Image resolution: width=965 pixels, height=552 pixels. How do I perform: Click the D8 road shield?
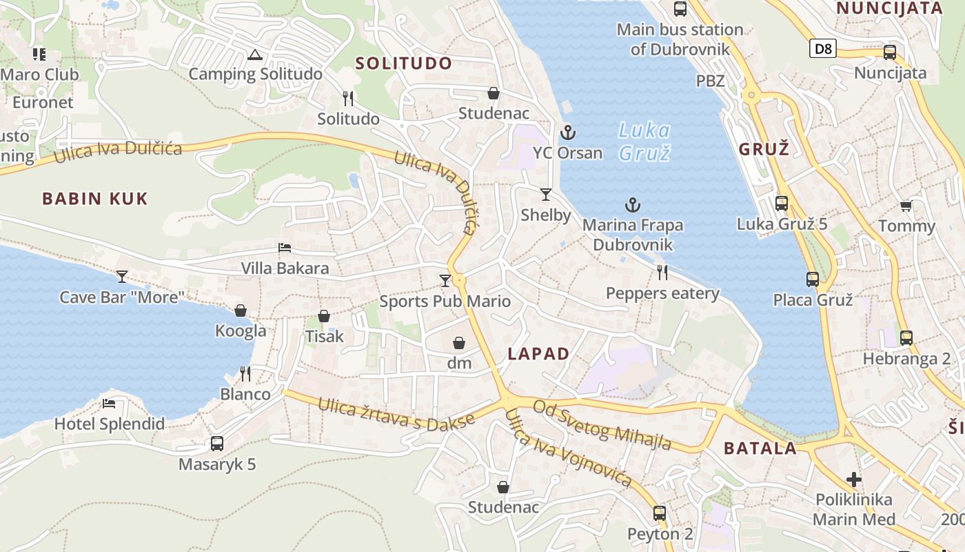pos(822,48)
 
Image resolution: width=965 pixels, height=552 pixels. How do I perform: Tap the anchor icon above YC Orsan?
pos(567,132)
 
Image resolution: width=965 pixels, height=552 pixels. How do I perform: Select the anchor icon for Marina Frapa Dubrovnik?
pos(632,205)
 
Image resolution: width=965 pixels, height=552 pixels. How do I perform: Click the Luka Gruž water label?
pos(644,141)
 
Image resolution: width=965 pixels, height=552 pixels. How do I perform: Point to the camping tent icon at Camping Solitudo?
pos(255,55)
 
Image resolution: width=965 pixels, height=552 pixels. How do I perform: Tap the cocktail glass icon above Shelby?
pos(546,195)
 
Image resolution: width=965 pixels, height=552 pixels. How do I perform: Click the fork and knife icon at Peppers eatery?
pos(662,273)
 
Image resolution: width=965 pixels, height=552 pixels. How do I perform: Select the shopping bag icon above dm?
pos(459,343)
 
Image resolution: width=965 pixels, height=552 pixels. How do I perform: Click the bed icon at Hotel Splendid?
pos(109,404)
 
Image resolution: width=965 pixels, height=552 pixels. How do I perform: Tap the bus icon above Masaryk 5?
pos(217,444)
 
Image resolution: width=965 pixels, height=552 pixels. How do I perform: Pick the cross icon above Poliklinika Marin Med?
pos(854,479)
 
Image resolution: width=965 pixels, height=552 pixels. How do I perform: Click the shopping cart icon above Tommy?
pos(906,206)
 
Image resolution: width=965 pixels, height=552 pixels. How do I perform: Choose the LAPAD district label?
pos(538,354)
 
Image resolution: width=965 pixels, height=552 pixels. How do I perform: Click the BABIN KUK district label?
pos(95,199)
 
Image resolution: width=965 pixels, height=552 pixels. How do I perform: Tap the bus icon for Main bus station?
pos(680,9)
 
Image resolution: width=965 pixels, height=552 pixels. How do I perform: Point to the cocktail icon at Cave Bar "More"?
pos(122,277)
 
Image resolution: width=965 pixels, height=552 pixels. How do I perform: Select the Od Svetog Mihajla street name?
pos(602,426)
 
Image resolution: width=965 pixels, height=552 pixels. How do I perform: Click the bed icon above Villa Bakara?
pos(285,248)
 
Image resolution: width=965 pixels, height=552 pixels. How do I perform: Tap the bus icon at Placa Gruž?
pos(813,279)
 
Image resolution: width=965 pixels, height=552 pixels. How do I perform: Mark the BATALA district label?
pos(760,448)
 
